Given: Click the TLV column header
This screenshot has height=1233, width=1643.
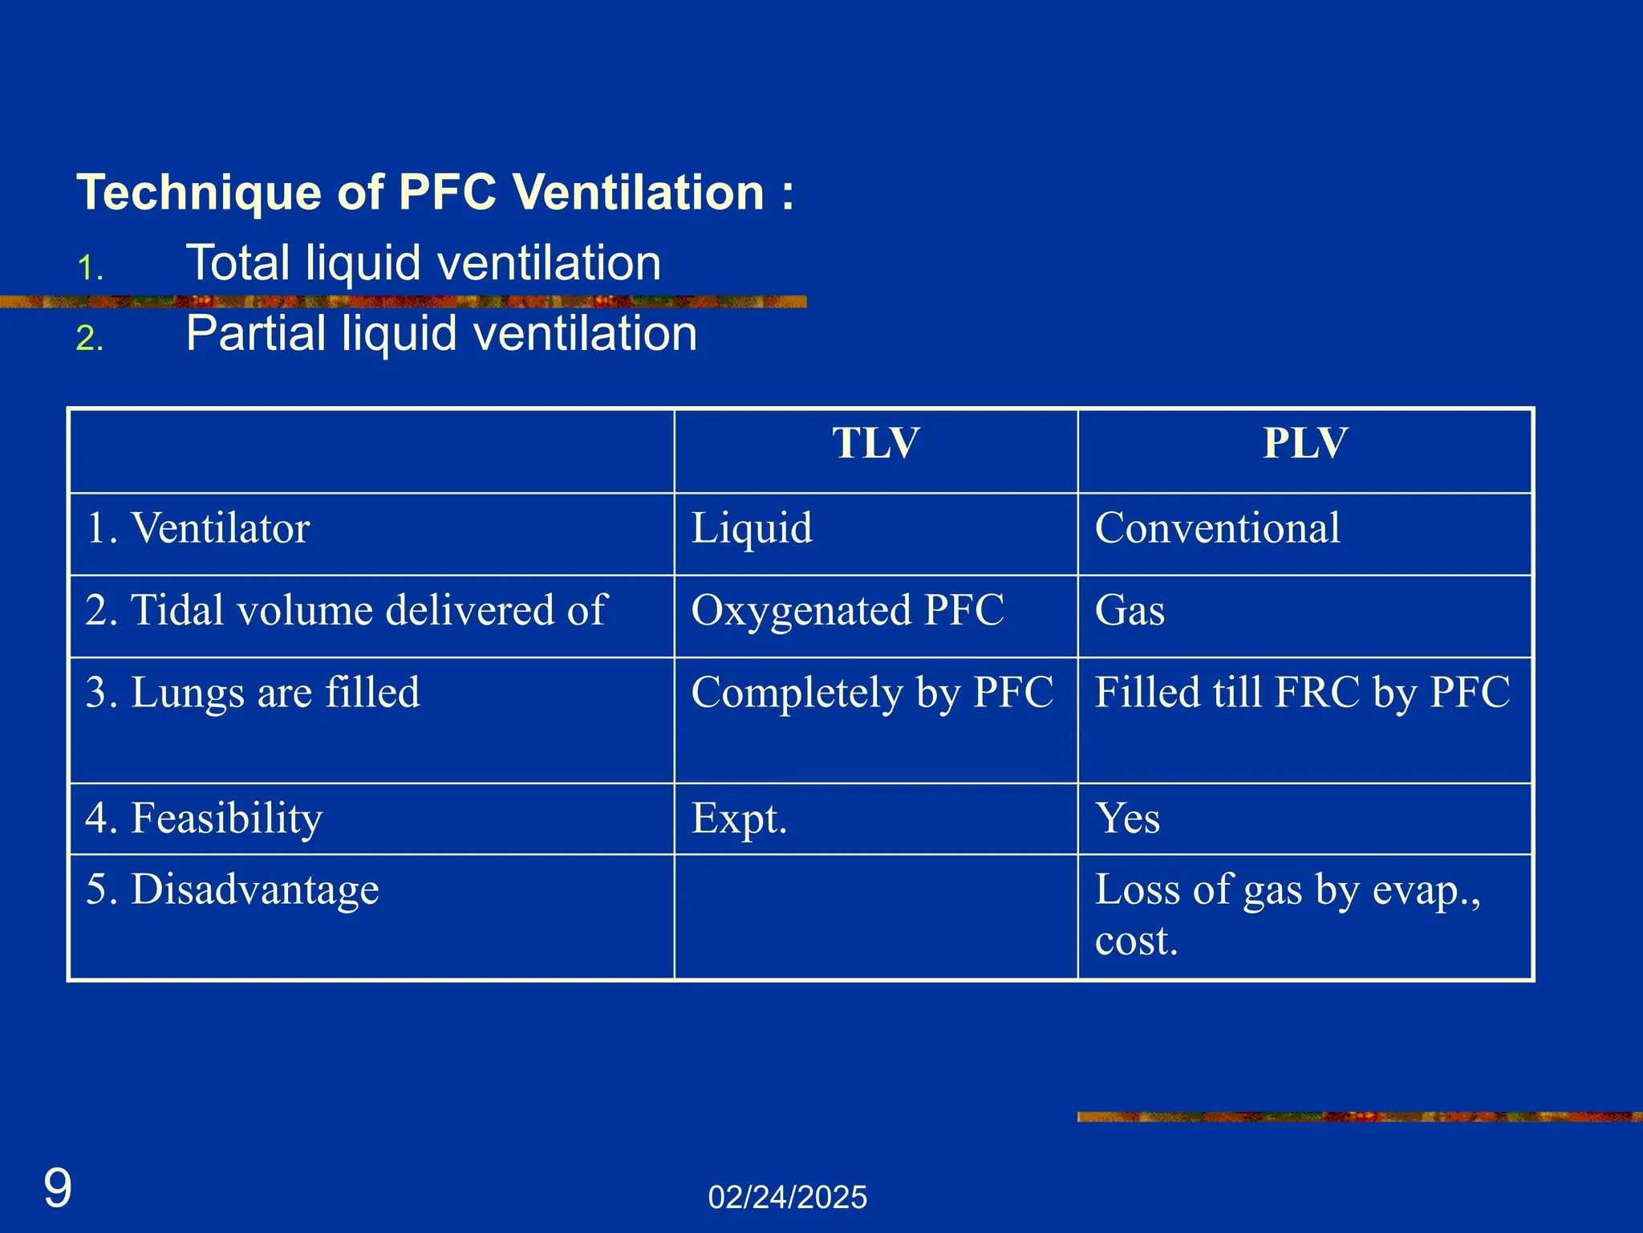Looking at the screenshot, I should click(x=875, y=444).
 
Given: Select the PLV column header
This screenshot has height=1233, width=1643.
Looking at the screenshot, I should click(x=1305, y=444).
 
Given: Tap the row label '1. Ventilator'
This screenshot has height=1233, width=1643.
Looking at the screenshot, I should click(x=197, y=529).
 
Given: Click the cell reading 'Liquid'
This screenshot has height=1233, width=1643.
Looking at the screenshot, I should click(x=752, y=529).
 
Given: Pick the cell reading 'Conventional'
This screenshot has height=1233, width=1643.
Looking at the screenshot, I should click(x=1217, y=529).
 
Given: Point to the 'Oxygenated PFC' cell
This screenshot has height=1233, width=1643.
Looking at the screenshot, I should click(x=847, y=611).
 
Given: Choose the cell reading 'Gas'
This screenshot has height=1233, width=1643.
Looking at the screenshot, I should click(x=1130, y=611).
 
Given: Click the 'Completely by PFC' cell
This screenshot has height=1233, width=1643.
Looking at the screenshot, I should click(x=872, y=693).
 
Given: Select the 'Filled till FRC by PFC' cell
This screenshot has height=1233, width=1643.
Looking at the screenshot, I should click(x=1302, y=693).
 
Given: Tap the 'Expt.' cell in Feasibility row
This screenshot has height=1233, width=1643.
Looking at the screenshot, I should click(x=739, y=819).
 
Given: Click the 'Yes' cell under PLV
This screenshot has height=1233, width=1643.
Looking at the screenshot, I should click(x=1127, y=819).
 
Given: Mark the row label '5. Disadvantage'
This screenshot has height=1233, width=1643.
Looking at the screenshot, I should click(x=232, y=890).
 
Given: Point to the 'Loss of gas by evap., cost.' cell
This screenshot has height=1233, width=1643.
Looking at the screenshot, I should click(x=1287, y=914).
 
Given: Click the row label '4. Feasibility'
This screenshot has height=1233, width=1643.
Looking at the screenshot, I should click(x=204, y=819).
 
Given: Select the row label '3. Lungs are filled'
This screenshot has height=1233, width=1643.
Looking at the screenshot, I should click(x=252, y=693).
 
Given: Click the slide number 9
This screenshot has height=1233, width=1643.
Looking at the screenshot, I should click(x=58, y=1189).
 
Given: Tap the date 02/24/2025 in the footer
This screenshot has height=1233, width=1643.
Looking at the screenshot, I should click(x=787, y=1198).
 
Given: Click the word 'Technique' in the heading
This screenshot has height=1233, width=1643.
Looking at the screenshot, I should click(x=198, y=193).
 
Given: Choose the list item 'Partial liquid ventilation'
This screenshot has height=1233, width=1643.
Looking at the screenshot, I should click(x=441, y=334).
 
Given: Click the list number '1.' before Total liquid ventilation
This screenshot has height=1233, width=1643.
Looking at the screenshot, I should click(x=90, y=268).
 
